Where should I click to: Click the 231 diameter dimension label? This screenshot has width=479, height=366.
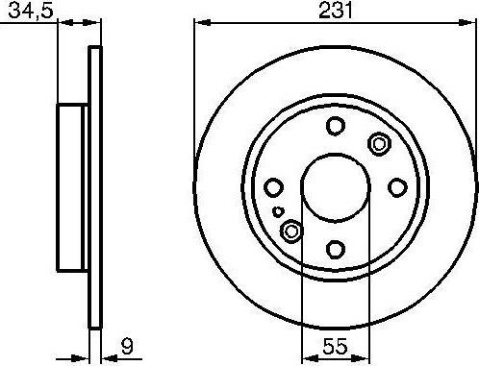coord(335,11)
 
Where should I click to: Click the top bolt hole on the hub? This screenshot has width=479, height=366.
coord(335,126)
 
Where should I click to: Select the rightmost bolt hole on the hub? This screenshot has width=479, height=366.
coord(396,187)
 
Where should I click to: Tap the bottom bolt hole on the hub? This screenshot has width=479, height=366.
coord(335,249)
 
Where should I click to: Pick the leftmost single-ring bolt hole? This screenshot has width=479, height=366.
coord(273,187)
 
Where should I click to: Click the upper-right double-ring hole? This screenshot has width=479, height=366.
coord(378,144)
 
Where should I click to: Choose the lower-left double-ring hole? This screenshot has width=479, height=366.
coord(291,231)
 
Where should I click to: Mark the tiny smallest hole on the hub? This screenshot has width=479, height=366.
coord(278,211)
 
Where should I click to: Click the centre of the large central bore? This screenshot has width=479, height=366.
coord(335,187)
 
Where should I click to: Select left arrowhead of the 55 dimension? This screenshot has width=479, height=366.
coord(307,353)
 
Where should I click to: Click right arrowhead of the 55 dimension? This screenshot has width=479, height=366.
coord(363,353)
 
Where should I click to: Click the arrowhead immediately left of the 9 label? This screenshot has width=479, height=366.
coord(105,353)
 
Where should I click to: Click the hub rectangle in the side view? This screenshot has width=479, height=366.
coord(74,187)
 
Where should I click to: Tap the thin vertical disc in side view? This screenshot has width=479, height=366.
coord(94,187)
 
